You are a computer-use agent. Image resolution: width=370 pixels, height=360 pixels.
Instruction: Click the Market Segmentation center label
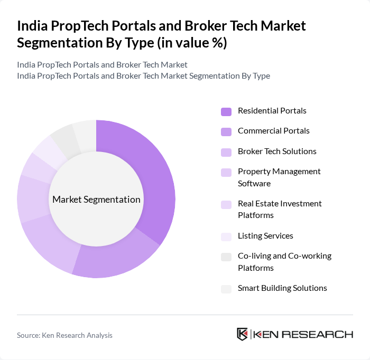(96, 200)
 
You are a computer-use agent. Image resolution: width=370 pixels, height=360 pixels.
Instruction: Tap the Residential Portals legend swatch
(226, 111)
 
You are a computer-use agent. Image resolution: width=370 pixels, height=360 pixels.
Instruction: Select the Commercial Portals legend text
(273, 131)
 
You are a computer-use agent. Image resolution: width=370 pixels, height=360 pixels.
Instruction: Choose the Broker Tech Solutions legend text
(277, 151)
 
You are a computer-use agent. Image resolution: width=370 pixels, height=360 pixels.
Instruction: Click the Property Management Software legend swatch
(226, 172)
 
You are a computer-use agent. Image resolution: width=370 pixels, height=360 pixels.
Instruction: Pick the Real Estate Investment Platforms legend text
(279, 210)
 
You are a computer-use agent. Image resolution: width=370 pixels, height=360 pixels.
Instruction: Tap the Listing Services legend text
(265, 236)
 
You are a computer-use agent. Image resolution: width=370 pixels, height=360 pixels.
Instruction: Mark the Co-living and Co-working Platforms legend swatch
(226, 257)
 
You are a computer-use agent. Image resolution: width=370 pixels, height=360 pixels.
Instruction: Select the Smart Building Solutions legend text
(282, 288)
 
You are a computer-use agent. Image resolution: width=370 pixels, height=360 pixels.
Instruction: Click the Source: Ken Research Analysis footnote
(64, 335)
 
